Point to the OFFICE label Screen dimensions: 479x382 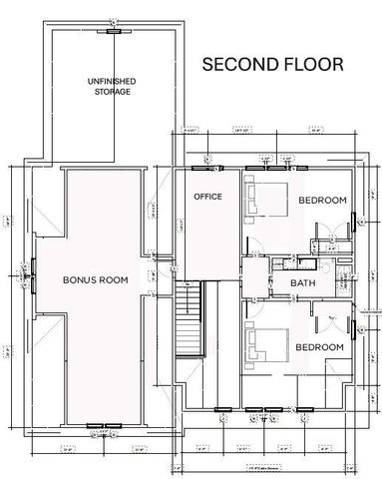pos(207,196)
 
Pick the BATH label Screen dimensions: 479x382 pos(303,283)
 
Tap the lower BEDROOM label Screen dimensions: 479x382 pos(319,346)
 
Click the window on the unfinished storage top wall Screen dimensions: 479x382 pos(114,30)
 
